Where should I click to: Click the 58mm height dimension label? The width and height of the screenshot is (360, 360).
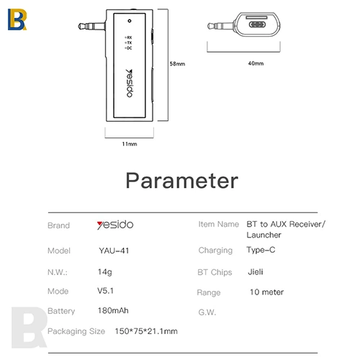pos(177,64)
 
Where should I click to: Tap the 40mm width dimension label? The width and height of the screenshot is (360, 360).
pos(256,63)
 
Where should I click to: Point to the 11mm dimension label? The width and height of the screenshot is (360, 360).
pos(130,144)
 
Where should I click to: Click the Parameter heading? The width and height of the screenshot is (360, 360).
pos(182,181)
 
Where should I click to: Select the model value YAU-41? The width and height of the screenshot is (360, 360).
pos(114,251)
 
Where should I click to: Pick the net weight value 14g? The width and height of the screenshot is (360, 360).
pos(105,272)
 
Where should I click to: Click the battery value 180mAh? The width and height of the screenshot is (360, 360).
pos(113,310)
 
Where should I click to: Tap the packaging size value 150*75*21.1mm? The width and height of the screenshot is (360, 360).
pos(146,331)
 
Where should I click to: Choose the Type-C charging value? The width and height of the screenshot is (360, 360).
pos(261,250)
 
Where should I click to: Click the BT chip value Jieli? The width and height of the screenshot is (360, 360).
pos(256,272)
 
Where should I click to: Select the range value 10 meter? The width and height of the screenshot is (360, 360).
pos(266,292)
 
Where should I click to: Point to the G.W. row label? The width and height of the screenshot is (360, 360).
pos(207,312)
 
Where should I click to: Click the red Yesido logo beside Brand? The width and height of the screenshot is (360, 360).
pos(115,225)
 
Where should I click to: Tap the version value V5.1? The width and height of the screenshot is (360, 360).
pos(105,291)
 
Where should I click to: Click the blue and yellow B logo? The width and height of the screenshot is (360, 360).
pos(17,19)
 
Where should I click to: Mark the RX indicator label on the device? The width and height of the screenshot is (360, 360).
pos(128,37)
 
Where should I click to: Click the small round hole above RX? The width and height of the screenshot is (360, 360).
pos(130,21)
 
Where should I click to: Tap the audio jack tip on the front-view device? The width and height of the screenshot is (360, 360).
pos(81,26)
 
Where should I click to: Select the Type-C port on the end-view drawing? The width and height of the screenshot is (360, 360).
pos(257,24)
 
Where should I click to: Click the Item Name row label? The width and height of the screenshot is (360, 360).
pos(219,224)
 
